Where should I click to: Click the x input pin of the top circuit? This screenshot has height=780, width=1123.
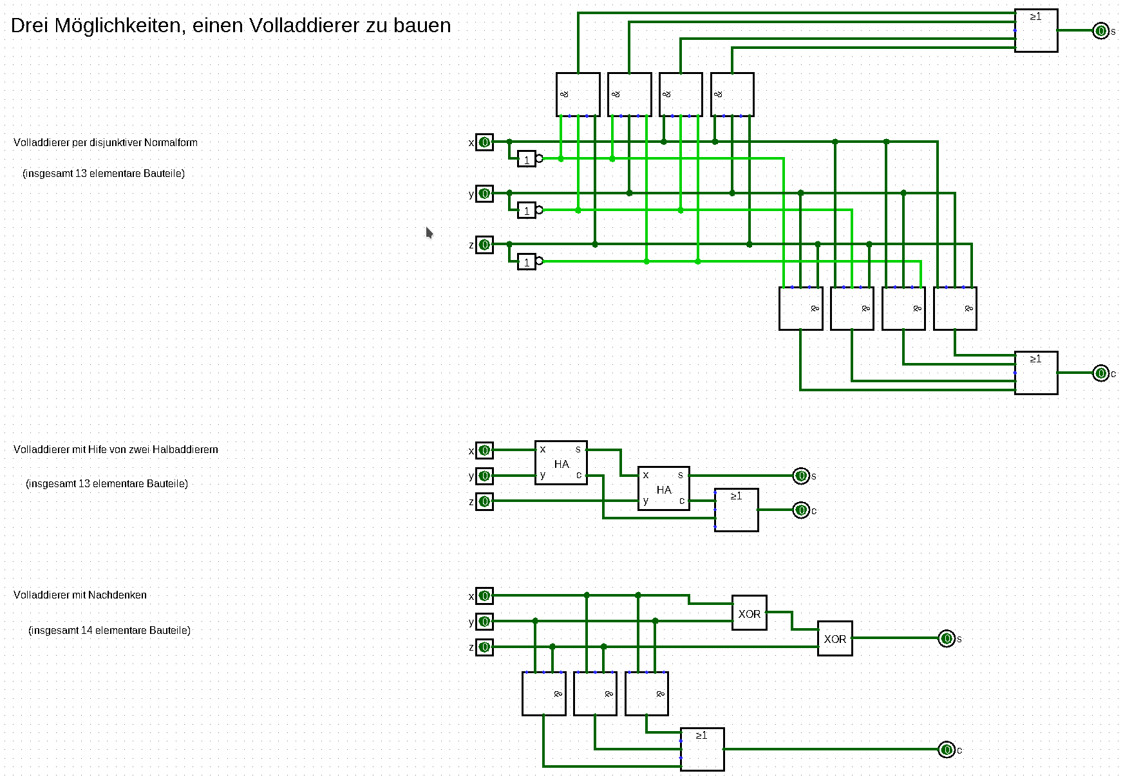(484, 142)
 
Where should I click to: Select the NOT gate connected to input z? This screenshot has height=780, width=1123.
(527, 262)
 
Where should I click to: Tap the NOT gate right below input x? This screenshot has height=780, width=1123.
(527, 159)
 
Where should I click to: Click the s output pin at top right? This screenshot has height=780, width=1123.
(1100, 31)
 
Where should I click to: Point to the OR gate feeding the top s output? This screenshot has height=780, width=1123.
(1035, 30)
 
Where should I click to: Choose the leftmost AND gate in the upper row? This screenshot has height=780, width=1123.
(578, 95)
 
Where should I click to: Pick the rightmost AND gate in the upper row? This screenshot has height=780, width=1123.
(732, 95)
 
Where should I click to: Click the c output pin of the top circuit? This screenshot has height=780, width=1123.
(1100, 373)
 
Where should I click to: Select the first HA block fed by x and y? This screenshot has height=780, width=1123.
(561, 463)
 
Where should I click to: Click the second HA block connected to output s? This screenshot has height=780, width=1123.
(663, 488)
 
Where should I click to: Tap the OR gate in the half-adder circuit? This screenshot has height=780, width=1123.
(736, 510)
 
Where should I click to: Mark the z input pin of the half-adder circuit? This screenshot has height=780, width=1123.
(484, 501)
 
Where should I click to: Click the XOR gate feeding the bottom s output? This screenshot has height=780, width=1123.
(835, 638)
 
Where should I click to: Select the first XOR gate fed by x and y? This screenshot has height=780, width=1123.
(749, 613)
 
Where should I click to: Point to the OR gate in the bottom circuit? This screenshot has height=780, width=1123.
(702, 749)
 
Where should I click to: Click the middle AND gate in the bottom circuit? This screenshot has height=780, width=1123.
(595, 694)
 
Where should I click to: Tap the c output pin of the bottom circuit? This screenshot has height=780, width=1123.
(946, 750)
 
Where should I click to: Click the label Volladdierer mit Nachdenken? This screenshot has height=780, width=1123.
(80, 595)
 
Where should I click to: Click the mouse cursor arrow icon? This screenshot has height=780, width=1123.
(429, 232)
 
